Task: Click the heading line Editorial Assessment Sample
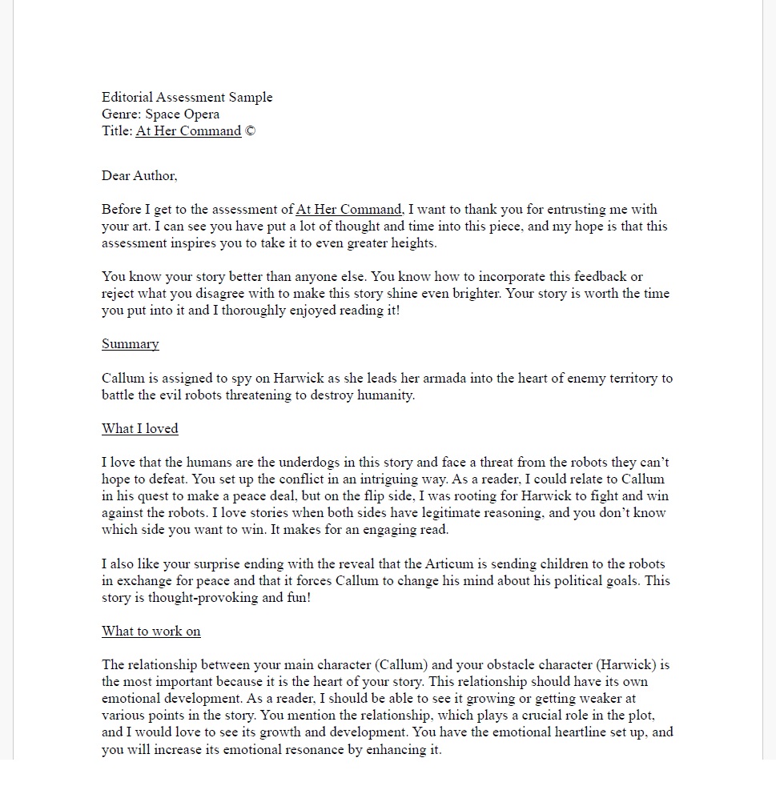click(187, 98)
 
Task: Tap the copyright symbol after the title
click(251, 131)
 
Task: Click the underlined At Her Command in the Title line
click(188, 131)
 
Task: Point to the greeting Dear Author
click(139, 176)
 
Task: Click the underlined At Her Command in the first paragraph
click(348, 210)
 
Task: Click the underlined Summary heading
click(131, 344)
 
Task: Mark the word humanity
click(386, 395)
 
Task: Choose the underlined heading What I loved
click(140, 429)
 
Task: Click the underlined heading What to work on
click(151, 632)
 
